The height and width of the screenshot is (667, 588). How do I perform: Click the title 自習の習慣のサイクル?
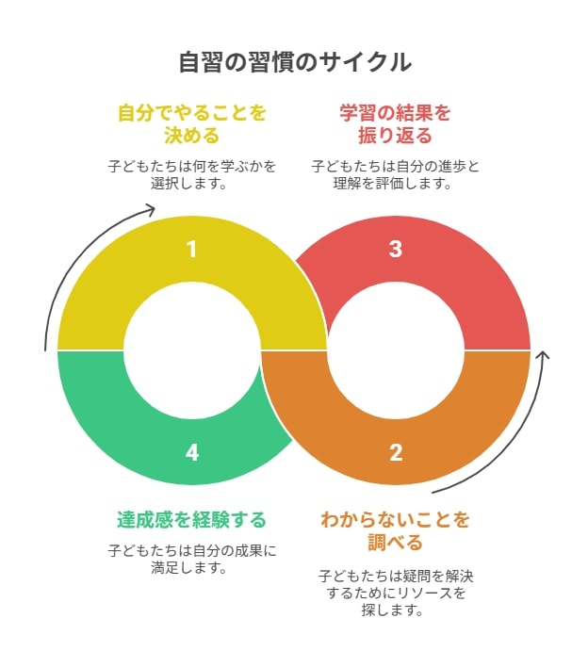tap(294, 62)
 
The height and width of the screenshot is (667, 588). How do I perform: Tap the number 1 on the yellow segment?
tap(192, 250)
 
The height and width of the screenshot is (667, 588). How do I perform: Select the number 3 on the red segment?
tap(395, 250)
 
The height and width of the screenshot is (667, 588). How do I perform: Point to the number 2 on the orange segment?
tap(396, 452)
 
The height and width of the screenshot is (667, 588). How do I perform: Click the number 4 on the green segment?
tap(192, 452)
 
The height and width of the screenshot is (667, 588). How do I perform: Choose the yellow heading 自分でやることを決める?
tap(192, 124)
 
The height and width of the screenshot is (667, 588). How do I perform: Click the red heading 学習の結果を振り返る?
tap(395, 124)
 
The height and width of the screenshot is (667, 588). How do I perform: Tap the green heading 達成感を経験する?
tap(192, 520)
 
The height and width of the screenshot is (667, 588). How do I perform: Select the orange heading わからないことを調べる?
tap(395, 531)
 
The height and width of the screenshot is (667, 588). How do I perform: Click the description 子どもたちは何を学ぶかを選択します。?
tap(192, 174)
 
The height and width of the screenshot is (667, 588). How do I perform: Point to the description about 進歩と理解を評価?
tap(395, 174)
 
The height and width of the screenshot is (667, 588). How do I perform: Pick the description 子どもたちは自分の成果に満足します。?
tap(192, 559)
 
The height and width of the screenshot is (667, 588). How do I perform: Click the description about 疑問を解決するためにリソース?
tap(396, 593)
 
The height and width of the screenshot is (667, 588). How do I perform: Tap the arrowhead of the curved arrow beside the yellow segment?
tap(154, 208)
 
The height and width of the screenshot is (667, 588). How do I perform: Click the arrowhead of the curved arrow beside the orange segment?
tap(543, 353)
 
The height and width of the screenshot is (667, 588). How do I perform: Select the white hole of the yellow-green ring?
tap(192, 350)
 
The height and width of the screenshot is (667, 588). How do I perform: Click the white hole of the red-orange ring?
tap(395, 350)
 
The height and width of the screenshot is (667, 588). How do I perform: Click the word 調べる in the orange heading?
tap(395, 543)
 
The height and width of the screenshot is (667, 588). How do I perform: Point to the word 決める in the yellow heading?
tap(192, 136)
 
